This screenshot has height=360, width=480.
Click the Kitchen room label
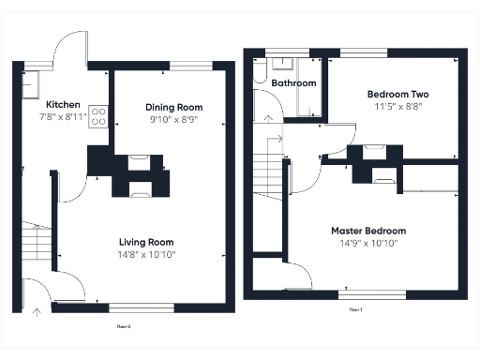coord(63,105)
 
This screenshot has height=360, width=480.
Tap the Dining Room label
coord(173,107)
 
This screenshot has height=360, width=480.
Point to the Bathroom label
coord(293,83)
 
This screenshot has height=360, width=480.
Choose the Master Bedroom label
coord(368,231)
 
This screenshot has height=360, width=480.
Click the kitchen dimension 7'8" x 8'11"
coord(63,117)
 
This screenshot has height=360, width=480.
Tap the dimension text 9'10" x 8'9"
coord(173,119)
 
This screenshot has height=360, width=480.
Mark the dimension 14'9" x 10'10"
coord(368,243)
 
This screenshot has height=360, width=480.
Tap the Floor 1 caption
coord(356,308)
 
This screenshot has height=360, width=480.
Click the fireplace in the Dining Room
coord(139,160)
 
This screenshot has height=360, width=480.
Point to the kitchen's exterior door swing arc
coord(70,45)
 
